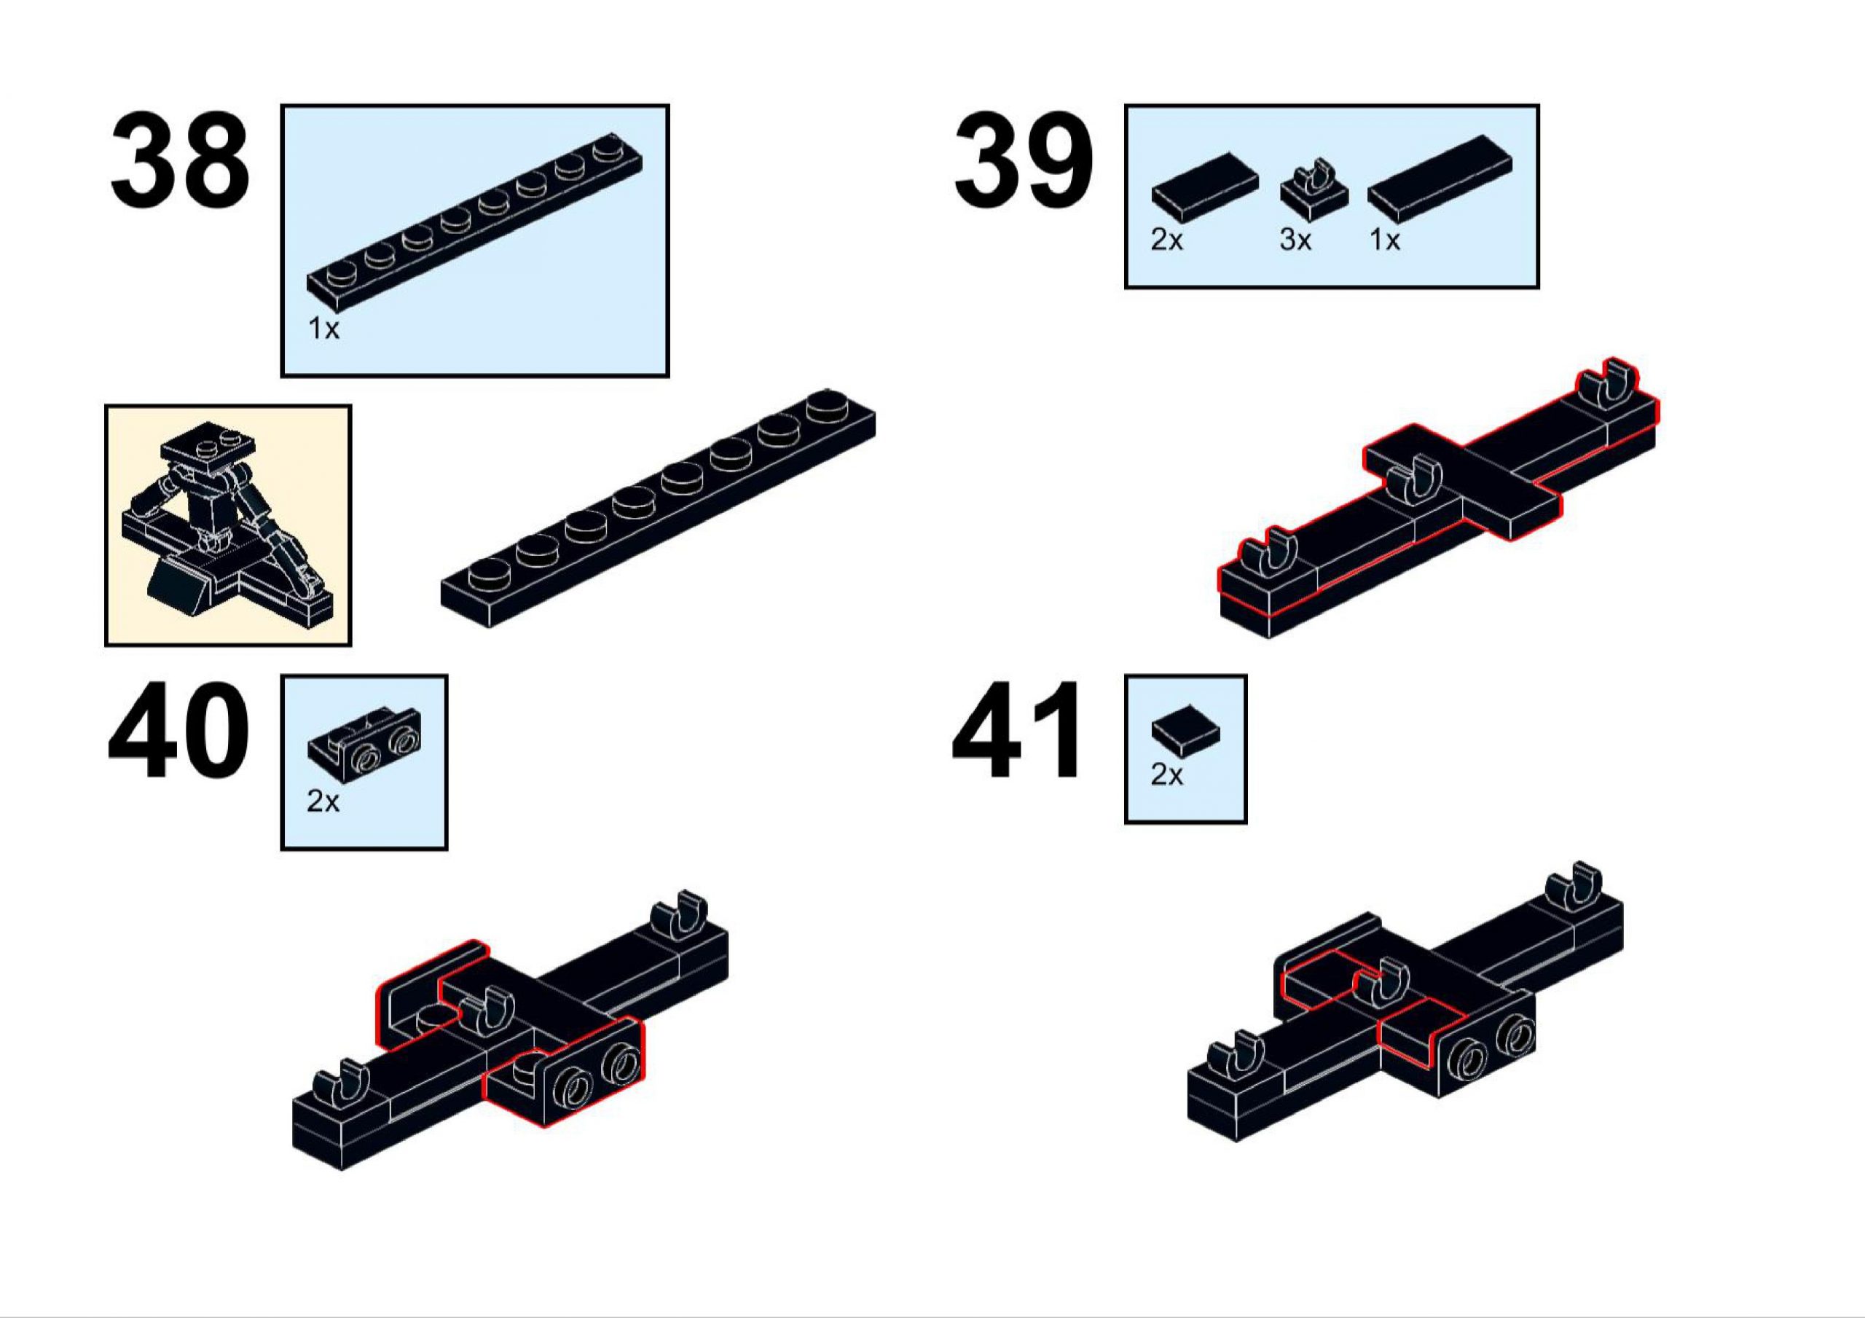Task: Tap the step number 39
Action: tap(1024, 161)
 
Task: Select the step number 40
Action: tap(178, 732)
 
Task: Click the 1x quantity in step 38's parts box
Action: tap(323, 329)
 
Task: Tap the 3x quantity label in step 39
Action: tap(1295, 240)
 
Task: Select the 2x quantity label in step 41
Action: tap(1167, 775)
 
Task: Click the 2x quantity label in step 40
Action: tap(323, 802)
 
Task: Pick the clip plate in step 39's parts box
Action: tap(1315, 192)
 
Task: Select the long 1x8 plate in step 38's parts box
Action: tap(474, 223)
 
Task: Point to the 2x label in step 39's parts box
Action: tap(1167, 240)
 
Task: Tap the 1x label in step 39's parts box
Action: tap(1385, 240)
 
